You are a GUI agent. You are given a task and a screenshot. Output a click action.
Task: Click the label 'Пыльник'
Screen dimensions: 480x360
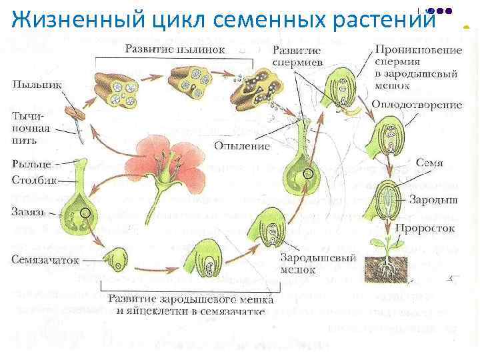33,86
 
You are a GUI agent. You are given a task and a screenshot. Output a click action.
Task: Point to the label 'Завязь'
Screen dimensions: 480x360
29,212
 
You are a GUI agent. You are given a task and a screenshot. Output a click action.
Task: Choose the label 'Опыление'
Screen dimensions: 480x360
241,145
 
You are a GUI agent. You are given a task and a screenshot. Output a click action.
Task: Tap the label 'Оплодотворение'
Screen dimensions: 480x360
417,105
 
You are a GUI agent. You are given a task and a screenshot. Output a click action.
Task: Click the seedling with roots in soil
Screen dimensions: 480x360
385,257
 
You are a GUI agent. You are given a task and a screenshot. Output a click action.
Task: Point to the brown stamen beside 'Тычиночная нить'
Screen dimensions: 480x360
77,121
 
